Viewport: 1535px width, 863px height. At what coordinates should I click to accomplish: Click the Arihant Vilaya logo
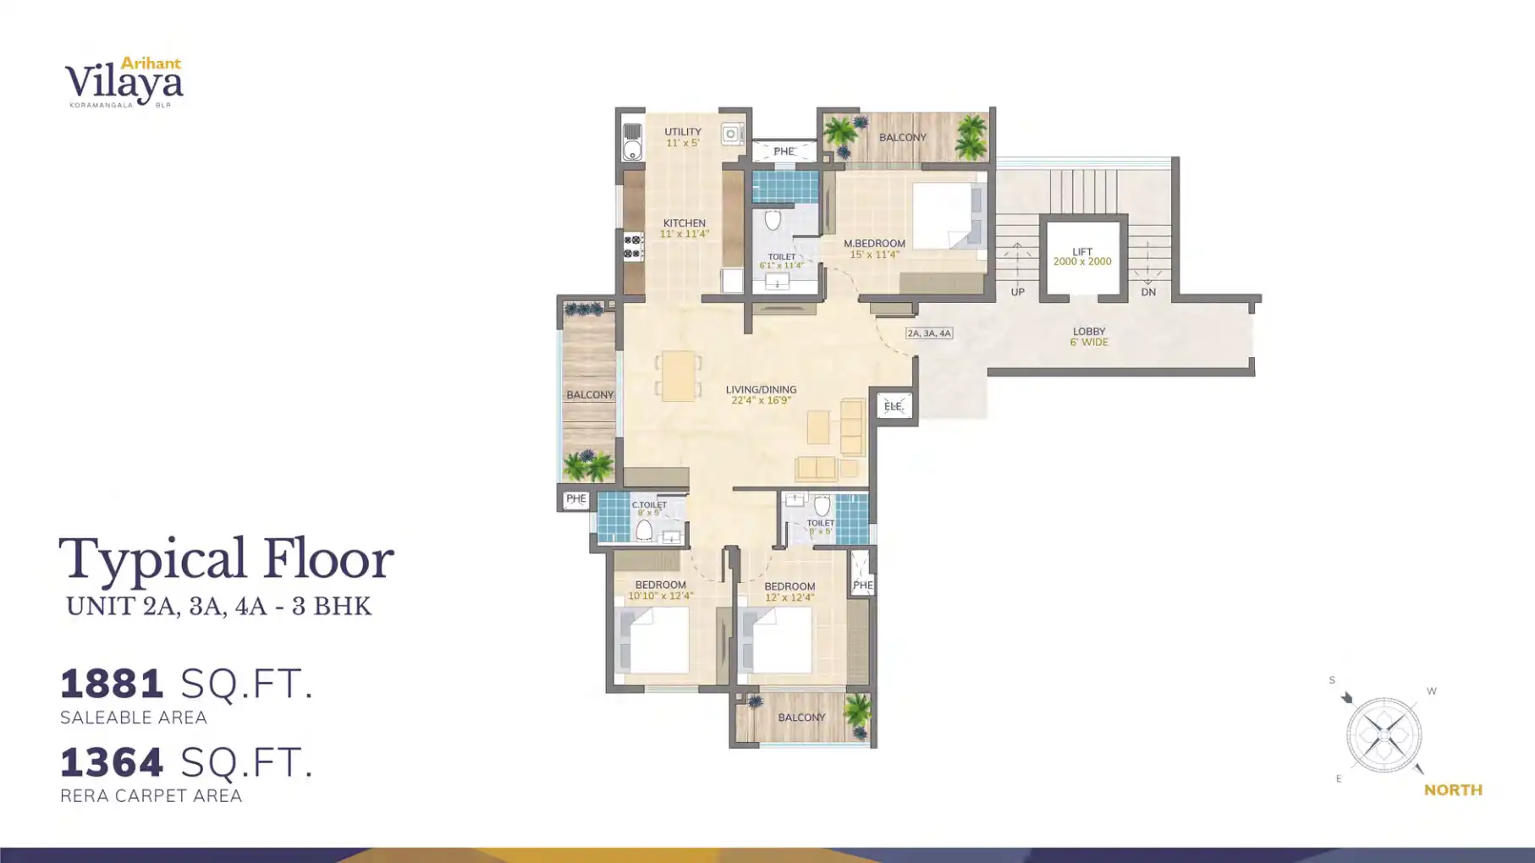pos(124,82)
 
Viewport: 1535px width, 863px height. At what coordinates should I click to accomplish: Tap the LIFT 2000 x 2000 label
pos(1081,257)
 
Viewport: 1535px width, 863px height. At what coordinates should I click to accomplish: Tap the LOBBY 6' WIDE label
pos(1089,337)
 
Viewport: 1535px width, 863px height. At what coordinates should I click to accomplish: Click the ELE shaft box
pos(894,406)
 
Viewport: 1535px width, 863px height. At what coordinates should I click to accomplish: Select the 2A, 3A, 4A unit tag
pos(929,333)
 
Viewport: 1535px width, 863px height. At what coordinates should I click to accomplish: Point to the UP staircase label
pos(1017,293)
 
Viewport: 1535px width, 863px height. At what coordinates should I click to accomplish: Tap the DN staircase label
pos(1147,293)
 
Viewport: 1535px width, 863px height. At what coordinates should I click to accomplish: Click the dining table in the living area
pos(678,376)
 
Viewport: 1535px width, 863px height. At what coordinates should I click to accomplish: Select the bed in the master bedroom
pos(947,216)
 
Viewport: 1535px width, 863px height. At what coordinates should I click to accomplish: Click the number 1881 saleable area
pos(112,684)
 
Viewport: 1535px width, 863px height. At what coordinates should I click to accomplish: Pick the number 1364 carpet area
pos(112,762)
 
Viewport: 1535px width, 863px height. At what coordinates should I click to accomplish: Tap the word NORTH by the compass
pos(1453,790)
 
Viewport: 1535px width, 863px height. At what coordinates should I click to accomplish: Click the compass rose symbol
pos(1384,734)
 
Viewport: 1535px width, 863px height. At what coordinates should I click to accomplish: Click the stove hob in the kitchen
pos(632,247)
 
